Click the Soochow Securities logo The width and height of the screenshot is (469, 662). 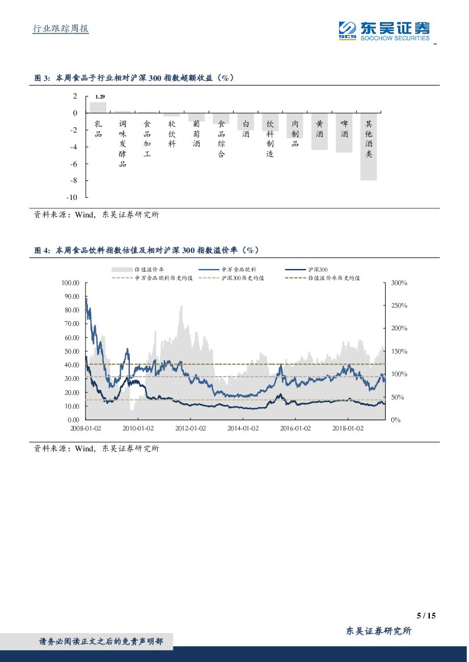click(x=384, y=31)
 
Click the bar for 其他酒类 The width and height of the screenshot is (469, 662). click(x=369, y=147)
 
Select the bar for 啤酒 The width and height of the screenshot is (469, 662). click(x=344, y=133)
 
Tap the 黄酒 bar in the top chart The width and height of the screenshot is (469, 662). click(x=319, y=131)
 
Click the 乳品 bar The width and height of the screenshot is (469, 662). click(x=98, y=108)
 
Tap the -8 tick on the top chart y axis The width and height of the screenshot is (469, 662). click(x=73, y=181)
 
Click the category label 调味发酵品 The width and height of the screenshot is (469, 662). click(x=122, y=144)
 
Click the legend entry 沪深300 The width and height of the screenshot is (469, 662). click(x=311, y=270)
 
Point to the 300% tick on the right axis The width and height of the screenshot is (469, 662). click(x=399, y=283)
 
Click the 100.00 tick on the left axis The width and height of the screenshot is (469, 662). click(x=70, y=283)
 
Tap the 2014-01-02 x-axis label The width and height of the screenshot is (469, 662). click(x=243, y=428)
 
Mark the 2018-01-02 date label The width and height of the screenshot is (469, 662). click(x=347, y=428)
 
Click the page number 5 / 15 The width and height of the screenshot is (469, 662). click(x=425, y=616)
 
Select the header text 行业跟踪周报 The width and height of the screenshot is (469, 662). click(x=61, y=28)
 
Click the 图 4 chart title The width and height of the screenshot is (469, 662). click(x=146, y=250)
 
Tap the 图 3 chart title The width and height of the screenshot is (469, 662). click(x=134, y=79)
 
